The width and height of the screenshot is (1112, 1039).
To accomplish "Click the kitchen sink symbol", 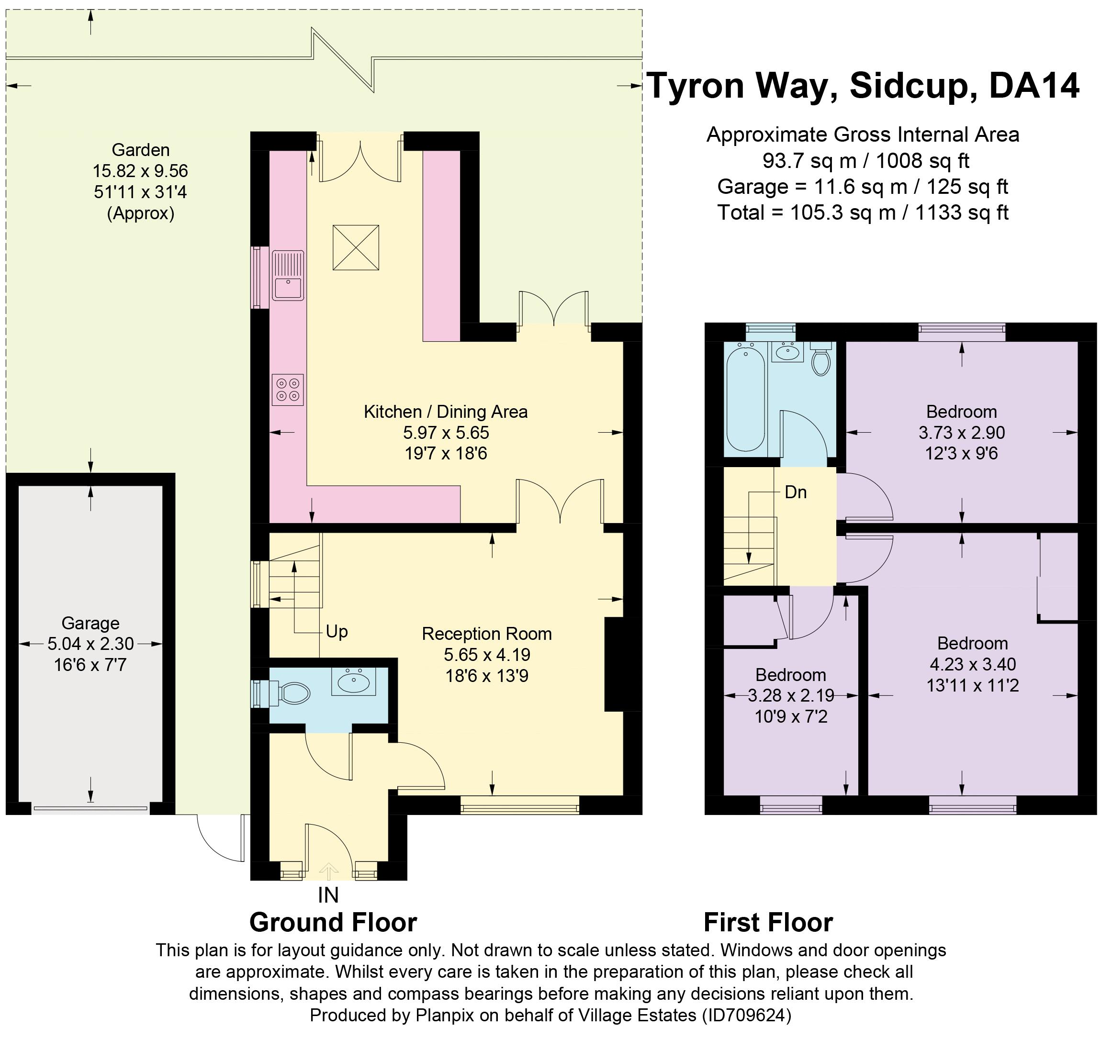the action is coord(288,275).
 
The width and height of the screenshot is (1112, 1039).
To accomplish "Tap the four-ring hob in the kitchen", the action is coord(288,390).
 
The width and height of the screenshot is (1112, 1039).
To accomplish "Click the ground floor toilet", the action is coord(290,694).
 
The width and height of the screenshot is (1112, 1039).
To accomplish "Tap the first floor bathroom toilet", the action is coord(820,358).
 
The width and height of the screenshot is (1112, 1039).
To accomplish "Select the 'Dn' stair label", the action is coord(796,492).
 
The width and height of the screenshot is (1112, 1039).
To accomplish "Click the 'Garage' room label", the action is coord(90,623).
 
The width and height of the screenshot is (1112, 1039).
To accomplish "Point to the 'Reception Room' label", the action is coord(487,634).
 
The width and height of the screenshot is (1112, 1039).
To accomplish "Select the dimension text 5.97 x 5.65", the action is coord(446,432).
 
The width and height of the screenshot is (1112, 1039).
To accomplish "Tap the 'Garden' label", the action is coord(140,150).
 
